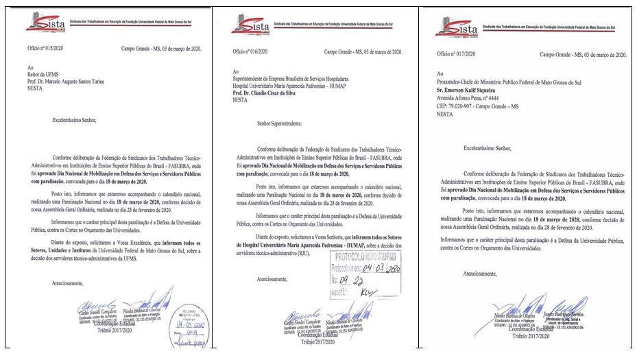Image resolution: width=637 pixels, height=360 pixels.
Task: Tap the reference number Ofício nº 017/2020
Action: pyautogui.click(x=456, y=54)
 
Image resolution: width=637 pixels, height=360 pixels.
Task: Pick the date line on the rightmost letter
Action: pyautogui.click(x=582, y=54)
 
